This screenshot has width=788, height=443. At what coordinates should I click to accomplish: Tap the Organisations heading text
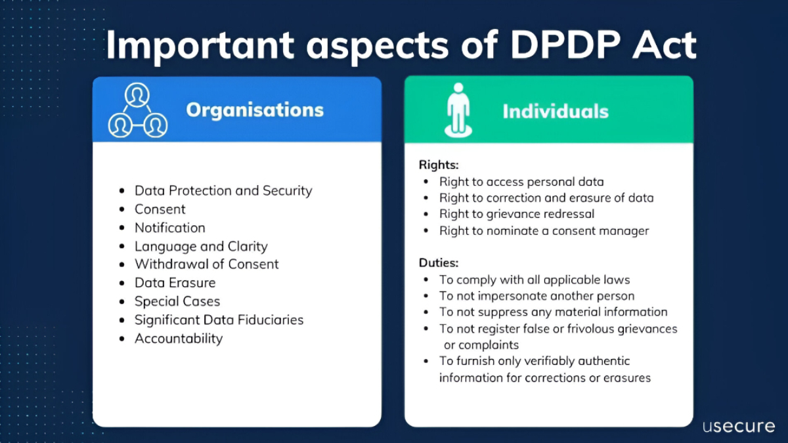255,110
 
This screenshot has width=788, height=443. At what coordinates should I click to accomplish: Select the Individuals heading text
556,111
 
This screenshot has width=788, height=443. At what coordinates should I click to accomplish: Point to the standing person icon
458,110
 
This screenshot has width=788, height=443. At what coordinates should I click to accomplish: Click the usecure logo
738,426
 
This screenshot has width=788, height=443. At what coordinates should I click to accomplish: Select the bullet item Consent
160,209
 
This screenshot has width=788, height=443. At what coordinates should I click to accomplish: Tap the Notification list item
170,228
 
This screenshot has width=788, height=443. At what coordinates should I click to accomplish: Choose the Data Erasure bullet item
175,283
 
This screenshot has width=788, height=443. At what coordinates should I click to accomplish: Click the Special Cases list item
177,301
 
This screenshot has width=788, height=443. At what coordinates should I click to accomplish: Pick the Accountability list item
179,339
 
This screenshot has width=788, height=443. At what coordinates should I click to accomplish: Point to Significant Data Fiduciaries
219,320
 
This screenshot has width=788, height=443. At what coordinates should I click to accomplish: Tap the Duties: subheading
438,263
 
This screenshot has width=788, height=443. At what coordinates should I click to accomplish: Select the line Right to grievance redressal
517,214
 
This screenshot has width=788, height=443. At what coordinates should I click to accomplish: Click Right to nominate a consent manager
544,230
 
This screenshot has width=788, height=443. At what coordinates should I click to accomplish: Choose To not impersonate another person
536,296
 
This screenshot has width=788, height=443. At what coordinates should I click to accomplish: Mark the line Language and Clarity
201,247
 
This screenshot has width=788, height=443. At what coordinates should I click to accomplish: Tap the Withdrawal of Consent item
207,264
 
